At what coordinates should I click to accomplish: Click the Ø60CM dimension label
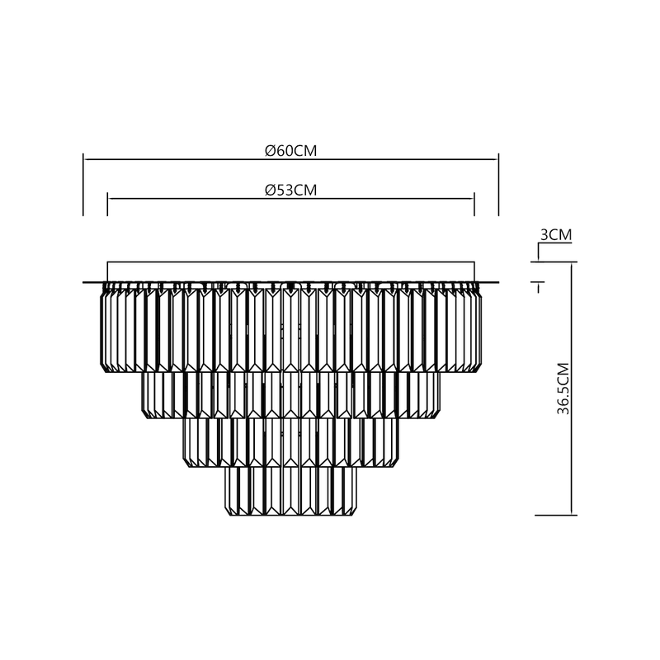[291, 150]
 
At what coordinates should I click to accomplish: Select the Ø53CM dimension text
[291, 190]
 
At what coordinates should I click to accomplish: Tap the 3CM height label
[555, 235]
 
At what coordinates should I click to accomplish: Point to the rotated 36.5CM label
[563, 387]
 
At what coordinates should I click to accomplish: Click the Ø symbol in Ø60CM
[270, 150]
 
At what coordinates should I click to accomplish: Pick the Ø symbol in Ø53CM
[270, 190]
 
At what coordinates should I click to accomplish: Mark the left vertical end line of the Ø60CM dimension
[83, 185]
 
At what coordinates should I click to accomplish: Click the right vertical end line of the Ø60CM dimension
[499, 185]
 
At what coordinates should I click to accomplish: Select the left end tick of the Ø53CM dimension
[108, 205]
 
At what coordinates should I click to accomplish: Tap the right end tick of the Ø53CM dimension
[474, 205]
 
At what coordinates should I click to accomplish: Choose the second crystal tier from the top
[291, 394]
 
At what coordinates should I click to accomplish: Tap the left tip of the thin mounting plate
[85, 282]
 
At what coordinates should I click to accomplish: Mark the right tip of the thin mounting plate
[497, 282]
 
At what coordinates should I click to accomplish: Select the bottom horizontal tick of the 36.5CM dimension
[555, 515]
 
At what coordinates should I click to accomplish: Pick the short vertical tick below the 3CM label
[540, 287]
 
